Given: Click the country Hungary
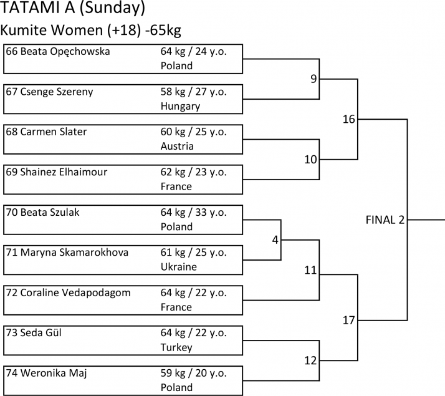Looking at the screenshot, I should coord(180,106).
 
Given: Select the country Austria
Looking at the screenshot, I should coord(177,146).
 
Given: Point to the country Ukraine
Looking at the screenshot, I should coord(178,267).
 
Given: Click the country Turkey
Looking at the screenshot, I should coord(177,347).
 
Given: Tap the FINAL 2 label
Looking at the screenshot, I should coord(385,220).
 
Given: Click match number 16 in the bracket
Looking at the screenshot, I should coord(348,119).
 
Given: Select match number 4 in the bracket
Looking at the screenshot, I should coord(274,239).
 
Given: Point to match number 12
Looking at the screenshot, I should coord(310,360).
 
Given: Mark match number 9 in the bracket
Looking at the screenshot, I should coord(313,79).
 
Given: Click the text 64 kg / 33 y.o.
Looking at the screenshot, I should coord(193,213).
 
